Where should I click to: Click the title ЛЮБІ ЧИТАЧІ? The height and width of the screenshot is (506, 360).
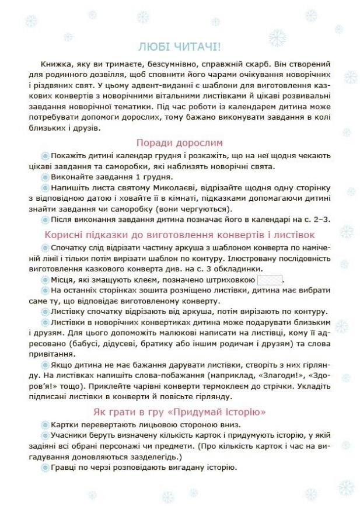180,46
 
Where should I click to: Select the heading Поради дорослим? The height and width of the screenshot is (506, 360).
179,143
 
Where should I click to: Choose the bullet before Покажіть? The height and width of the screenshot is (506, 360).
44,156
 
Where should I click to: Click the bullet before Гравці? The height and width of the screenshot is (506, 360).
44,469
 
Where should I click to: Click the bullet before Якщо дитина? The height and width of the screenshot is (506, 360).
44,364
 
